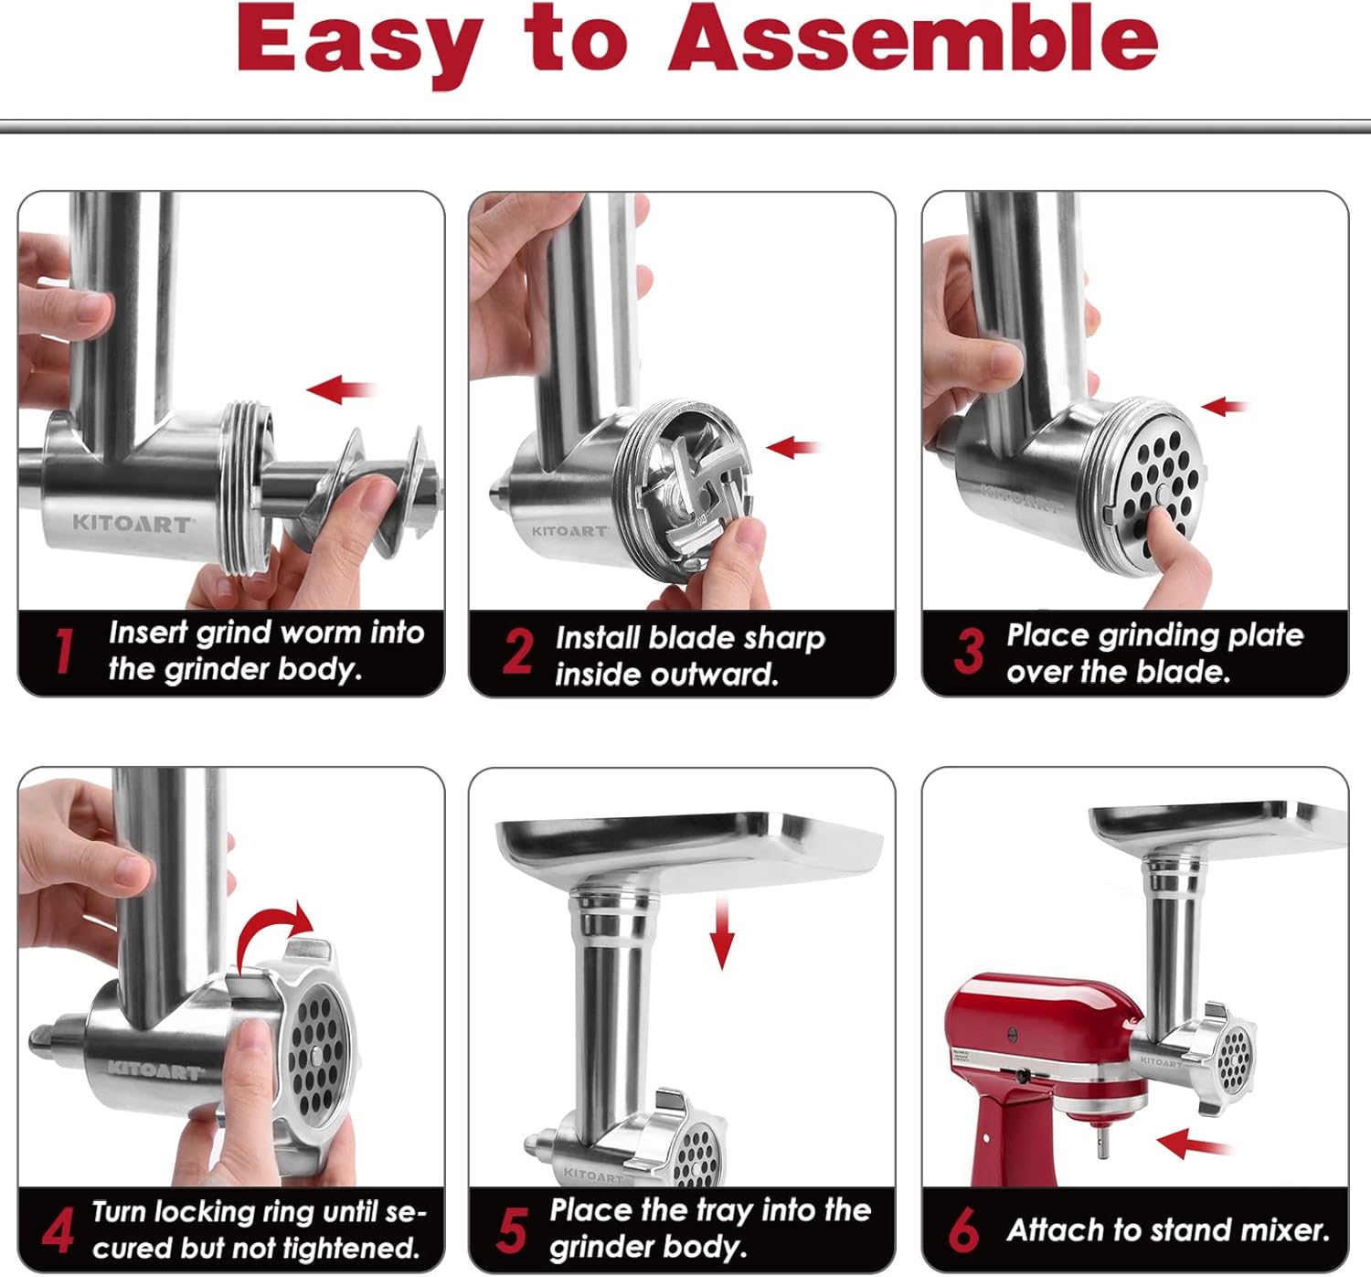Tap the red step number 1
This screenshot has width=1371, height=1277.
click(x=63, y=651)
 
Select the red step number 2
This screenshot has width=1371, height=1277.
click(x=517, y=652)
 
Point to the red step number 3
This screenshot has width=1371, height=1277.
click(x=969, y=651)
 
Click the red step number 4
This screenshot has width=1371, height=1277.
click(x=58, y=1230)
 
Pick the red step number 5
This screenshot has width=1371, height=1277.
click(x=512, y=1229)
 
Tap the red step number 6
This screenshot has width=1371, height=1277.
click(x=963, y=1229)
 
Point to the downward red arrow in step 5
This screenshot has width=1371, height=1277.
click(x=722, y=932)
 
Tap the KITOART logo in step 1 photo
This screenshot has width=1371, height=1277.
click(x=132, y=524)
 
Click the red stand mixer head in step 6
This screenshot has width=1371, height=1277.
click(x=1042, y=1024)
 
